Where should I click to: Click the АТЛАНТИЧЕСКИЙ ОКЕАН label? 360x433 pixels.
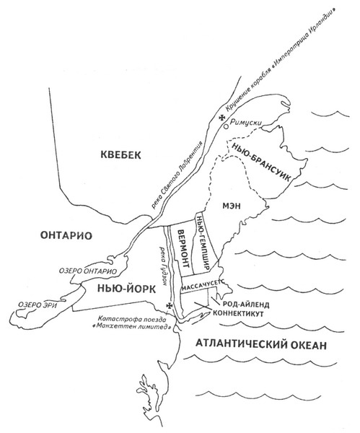[255, 345]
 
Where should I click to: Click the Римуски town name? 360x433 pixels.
[247, 124]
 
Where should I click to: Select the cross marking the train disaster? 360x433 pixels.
[170, 307]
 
